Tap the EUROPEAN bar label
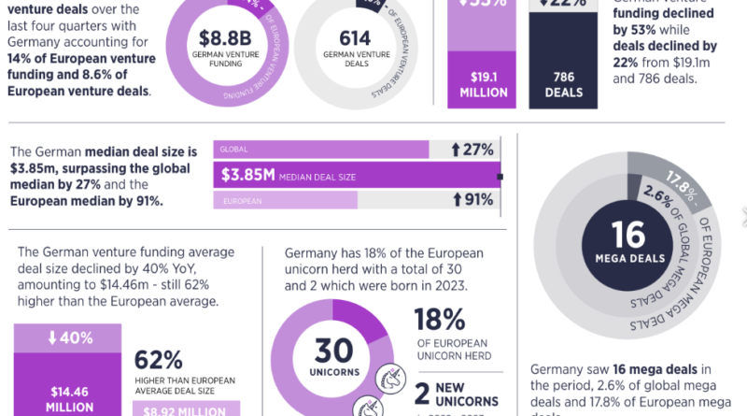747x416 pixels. pyautogui.click(x=239, y=200)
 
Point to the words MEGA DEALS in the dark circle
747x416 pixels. pyautogui.click(x=628, y=255)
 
